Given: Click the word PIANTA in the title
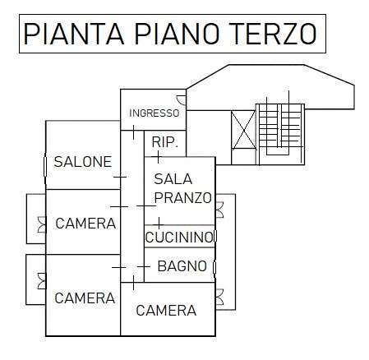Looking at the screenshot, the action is (x=73, y=34).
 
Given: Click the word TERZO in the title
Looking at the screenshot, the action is (x=273, y=34).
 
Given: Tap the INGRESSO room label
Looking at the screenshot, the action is (x=154, y=113).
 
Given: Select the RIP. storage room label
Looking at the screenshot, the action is (x=164, y=142).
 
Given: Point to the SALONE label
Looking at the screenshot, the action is (x=83, y=162).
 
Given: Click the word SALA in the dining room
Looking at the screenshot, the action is (x=173, y=179).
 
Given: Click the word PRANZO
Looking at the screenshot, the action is (x=183, y=197).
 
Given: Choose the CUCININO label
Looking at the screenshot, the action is (x=179, y=238).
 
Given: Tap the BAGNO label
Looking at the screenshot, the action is (x=182, y=266).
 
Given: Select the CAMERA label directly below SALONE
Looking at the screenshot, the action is (x=85, y=224).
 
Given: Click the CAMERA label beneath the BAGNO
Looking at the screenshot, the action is (x=166, y=311).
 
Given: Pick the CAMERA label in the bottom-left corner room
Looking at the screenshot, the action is (x=85, y=298).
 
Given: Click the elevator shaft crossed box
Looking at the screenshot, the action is (x=243, y=130).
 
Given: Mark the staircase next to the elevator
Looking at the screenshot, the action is (x=280, y=131).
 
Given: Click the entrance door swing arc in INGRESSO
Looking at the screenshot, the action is (x=181, y=100).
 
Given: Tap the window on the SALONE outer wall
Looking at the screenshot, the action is (x=45, y=166).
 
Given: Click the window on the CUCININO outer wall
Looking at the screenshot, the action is (x=215, y=237).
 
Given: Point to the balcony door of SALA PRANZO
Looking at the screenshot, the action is (x=219, y=210).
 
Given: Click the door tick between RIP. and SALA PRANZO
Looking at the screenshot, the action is (x=158, y=157).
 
